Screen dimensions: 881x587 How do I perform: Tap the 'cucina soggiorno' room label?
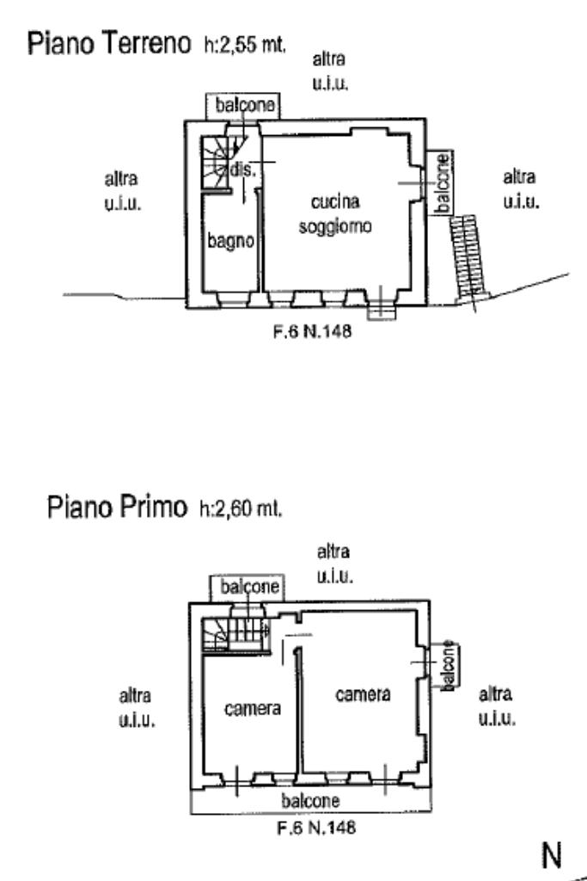[334, 214]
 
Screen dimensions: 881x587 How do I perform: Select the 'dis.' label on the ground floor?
[243, 170]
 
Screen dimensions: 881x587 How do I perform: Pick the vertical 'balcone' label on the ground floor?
[441, 183]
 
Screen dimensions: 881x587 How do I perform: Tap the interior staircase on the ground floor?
[218, 164]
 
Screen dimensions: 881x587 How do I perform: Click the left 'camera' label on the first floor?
[253, 709]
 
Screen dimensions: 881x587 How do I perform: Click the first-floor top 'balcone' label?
[249, 588]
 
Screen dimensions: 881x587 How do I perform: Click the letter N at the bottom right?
[550, 856]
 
